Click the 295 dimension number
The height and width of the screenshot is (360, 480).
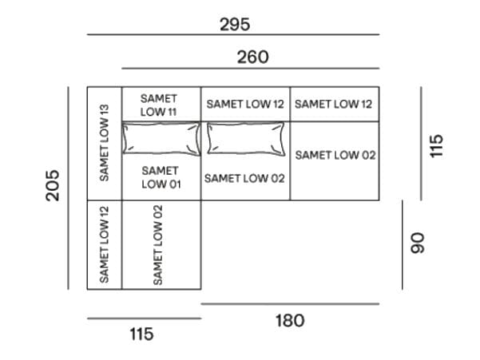pyautogui.click(x=235, y=25)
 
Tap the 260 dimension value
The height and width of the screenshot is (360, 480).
pyautogui.click(x=252, y=57)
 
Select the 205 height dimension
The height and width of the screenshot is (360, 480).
pyautogui.click(x=53, y=185)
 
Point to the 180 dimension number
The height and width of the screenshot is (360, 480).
pyautogui.click(x=289, y=321)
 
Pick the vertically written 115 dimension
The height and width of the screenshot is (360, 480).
pyautogui.click(x=435, y=144)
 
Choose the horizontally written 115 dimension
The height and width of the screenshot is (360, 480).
pyautogui.click(x=141, y=334)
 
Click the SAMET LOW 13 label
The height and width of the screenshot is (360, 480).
pyautogui.click(x=105, y=143)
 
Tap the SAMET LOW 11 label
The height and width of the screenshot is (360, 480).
pyautogui.click(x=158, y=105)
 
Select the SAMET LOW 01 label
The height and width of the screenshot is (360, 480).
pyautogui.click(x=161, y=177)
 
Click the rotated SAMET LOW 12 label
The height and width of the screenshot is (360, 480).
pyautogui.click(x=105, y=243)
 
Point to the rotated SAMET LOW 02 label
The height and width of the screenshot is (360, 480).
pyautogui.click(x=158, y=244)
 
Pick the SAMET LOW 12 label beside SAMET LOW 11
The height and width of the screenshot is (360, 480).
pyautogui.click(x=245, y=104)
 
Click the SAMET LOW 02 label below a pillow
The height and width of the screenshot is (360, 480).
pyautogui.click(x=244, y=178)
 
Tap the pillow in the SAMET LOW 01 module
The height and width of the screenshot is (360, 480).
pyautogui.click(x=161, y=138)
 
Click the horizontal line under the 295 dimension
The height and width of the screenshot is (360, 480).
pyautogui.click(x=232, y=35)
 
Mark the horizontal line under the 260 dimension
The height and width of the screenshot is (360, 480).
pyautogui.click(x=250, y=69)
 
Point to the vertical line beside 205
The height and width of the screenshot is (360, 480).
pyautogui.click(x=70, y=188)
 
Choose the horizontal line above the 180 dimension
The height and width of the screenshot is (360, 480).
pyautogui.click(x=290, y=304)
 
